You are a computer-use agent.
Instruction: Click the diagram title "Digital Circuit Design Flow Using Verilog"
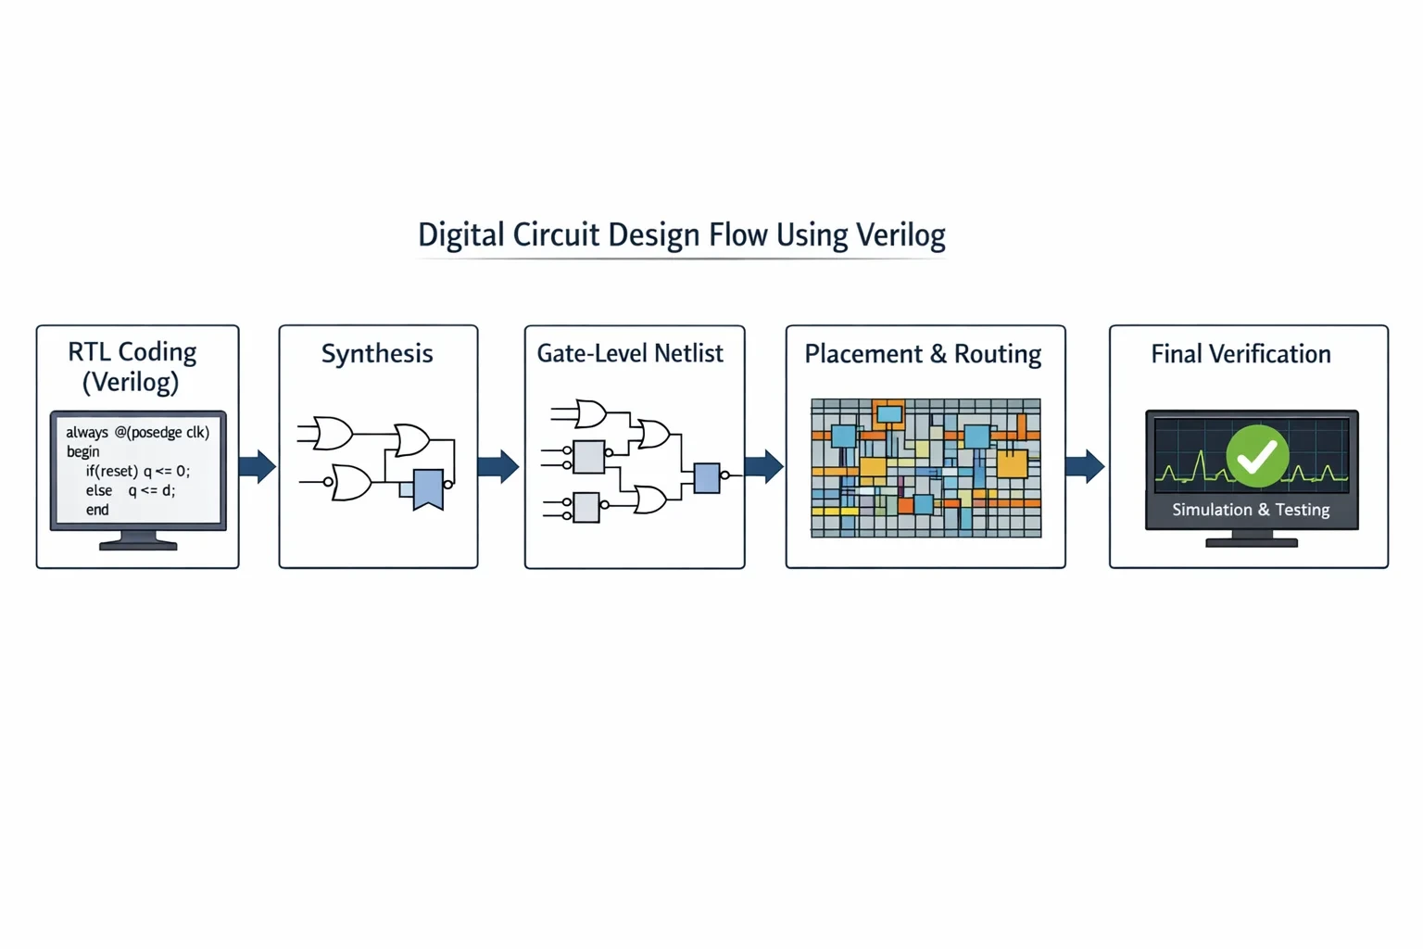coord(682,235)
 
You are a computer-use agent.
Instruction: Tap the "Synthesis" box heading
coord(377,354)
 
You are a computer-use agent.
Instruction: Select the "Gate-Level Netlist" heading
coord(630,353)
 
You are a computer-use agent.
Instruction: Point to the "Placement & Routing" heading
coord(923,354)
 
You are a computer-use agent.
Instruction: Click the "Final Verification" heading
coord(1241,353)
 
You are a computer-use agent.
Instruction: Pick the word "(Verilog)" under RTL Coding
coord(131,382)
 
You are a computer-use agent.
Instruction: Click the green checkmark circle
coord(1258,456)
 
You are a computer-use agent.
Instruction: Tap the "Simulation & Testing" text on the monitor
coord(1251,510)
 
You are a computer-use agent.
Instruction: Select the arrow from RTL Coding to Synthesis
coord(258,466)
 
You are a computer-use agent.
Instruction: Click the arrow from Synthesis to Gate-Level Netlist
coord(498,466)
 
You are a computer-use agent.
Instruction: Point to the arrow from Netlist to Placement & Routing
coord(764,466)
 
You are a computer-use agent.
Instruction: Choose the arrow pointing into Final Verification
coord(1085,466)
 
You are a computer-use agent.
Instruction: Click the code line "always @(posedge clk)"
coord(138,432)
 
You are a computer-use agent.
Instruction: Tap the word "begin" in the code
coord(83,452)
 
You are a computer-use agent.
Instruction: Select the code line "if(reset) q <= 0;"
coord(138,471)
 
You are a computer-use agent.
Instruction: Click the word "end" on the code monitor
coord(97,510)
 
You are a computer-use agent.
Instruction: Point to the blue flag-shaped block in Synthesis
coord(428,489)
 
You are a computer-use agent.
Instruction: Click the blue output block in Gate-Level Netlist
coord(707,478)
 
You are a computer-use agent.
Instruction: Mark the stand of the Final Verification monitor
coord(1252,539)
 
